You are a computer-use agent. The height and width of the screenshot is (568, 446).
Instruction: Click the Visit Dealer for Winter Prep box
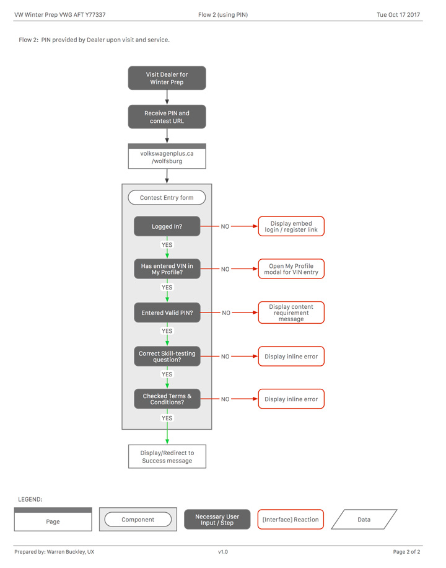(167, 78)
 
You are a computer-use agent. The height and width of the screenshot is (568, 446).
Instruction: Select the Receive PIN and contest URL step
(167, 117)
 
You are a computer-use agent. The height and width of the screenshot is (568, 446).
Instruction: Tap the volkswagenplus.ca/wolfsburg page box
(167, 156)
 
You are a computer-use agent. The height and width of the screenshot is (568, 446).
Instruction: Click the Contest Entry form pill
(167, 197)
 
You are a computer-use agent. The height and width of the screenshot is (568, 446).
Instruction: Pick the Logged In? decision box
(167, 226)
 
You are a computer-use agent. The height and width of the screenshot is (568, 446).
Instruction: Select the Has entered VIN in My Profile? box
(167, 268)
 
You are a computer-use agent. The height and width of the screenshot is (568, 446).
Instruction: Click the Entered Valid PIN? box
(167, 313)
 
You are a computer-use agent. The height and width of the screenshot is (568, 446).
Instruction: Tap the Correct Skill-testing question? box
(167, 356)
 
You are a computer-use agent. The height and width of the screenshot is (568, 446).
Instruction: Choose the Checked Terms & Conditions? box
(167, 399)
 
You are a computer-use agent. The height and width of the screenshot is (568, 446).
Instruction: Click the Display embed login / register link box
(291, 226)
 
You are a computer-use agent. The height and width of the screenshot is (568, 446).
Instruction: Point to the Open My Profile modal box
(291, 268)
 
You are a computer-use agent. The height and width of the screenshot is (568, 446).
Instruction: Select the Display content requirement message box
(291, 313)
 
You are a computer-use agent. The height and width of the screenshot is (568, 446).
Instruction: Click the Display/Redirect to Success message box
(167, 456)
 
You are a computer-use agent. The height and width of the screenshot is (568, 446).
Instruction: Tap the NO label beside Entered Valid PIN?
(226, 313)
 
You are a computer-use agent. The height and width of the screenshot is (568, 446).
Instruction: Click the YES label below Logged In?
(167, 245)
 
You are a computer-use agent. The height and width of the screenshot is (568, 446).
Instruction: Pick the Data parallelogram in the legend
(364, 520)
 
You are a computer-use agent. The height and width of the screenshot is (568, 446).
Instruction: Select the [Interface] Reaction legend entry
(291, 520)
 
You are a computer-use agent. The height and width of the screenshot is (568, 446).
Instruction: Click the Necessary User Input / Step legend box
(217, 520)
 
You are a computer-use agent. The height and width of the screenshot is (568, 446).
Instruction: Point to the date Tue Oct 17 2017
(398, 15)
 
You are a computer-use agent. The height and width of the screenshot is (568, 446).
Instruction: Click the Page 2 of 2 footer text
(406, 552)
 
